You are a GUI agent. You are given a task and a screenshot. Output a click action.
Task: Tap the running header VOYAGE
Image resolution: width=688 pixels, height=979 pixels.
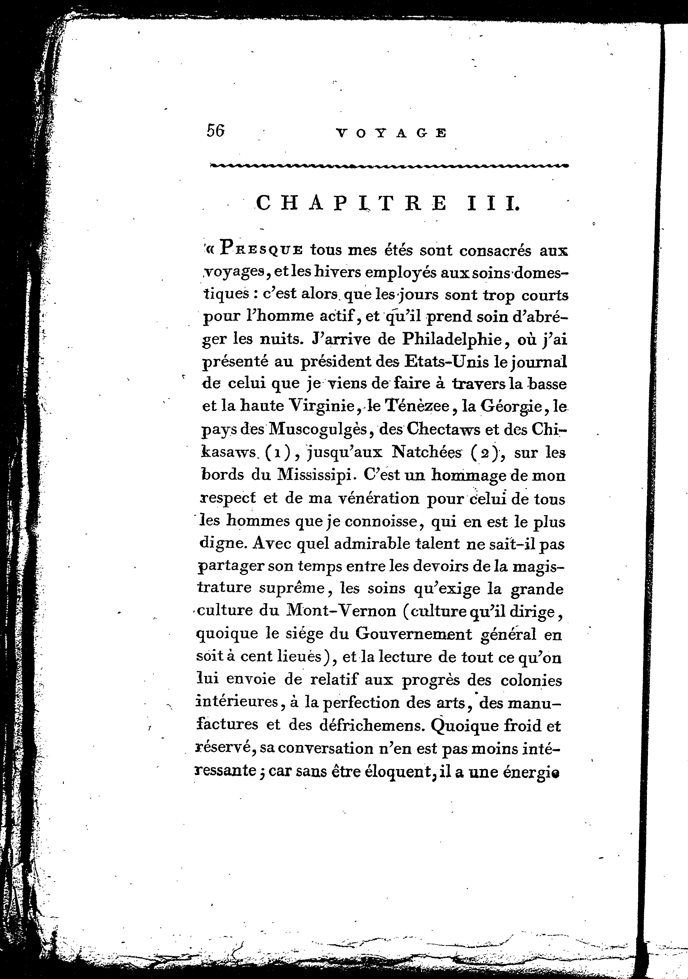tap(391, 134)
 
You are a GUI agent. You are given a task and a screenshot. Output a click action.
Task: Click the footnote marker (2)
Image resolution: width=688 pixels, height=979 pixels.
tap(488, 452)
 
